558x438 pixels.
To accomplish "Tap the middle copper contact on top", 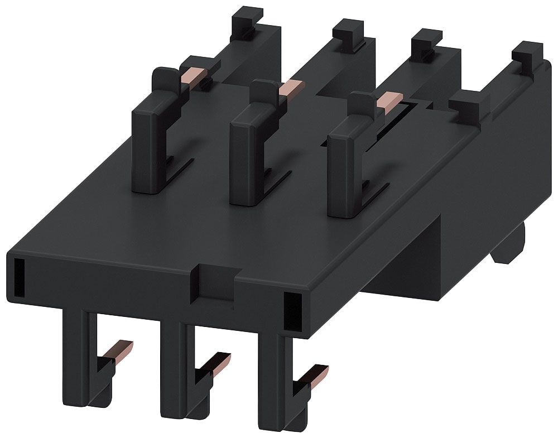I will click(x=291, y=88).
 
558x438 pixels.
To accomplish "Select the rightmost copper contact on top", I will click(x=385, y=100).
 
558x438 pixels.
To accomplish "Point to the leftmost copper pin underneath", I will click(x=123, y=350).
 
